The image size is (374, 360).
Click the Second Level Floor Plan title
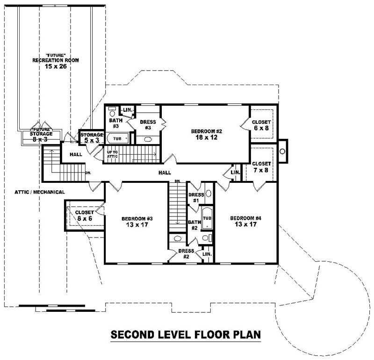pyautogui.click(x=185, y=335)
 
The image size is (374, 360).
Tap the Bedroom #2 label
pyautogui.click(x=206, y=134)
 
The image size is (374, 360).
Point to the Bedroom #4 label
pyautogui.click(x=245, y=222)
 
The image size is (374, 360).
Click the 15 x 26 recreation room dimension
pyautogui.click(x=55, y=67)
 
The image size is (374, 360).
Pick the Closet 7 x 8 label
pyautogui.click(x=261, y=167)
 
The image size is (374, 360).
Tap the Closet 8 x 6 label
pyautogui.click(x=85, y=216)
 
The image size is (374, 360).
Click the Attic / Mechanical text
pyautogui.click(x=39, y=192)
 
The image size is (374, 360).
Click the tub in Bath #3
pyautogui.click(x=117, y=139)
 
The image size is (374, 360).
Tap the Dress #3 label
pyautogui.click(x=147, y=125)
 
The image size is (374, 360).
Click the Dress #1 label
pyautogui.click(x=195, y=198)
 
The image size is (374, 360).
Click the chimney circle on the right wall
pyautogui.click(x=283, y=151)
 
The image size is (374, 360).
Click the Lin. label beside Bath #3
pyautogui.click(x=127, y=111)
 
